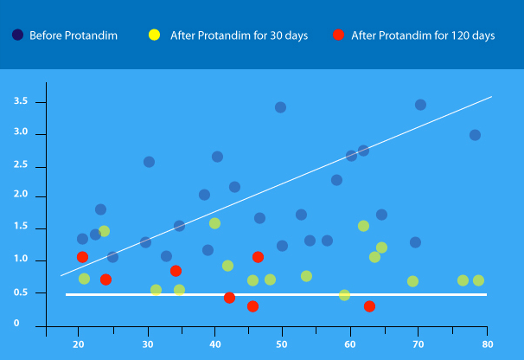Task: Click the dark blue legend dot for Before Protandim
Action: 17,35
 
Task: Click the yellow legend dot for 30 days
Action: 154,35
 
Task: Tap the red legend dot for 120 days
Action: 338,35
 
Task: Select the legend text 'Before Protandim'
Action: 73,35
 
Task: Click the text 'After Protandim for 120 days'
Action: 423,35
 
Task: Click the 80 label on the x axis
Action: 487,344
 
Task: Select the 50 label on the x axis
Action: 282,344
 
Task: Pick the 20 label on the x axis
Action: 79,344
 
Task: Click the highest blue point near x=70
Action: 420,105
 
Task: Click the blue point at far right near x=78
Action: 475,135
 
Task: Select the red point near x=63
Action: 369,306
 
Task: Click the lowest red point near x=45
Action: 252,306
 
